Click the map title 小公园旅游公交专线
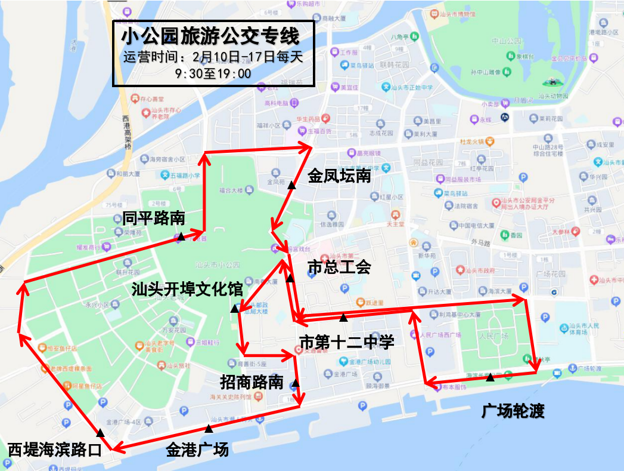tap(210, 37)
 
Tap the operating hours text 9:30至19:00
tap(213, 73)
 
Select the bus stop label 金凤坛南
tap(339, 176)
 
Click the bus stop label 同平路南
tap(154, 218)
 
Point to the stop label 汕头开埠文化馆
tap(187, 290)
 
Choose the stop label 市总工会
tap(339, 267)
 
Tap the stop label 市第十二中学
tap(346, 343)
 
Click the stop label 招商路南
tap(252, 382)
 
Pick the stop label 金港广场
tap(197, 449)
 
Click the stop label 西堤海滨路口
tap(54, 449)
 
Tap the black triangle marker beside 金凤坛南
tap(291, 185)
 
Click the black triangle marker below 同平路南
tap(180, 236)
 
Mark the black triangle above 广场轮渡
tap(490, 377)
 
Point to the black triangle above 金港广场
tap(208, 428)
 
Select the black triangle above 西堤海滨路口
tap(100, 432)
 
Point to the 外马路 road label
tap(480, 243)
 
